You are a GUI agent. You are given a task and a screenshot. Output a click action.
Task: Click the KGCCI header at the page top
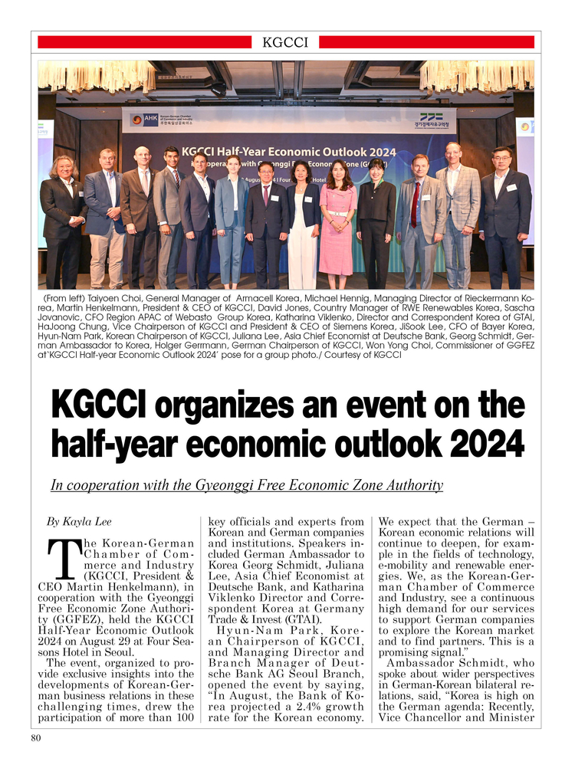[285, 42]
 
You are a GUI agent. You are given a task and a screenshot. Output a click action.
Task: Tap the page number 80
[36, 738]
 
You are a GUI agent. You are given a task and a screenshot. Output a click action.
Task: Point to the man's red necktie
[416, 202]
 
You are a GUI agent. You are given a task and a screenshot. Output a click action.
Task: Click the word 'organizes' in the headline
[247, 405]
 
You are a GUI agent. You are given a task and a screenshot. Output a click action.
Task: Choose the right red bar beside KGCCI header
[426, 42]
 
